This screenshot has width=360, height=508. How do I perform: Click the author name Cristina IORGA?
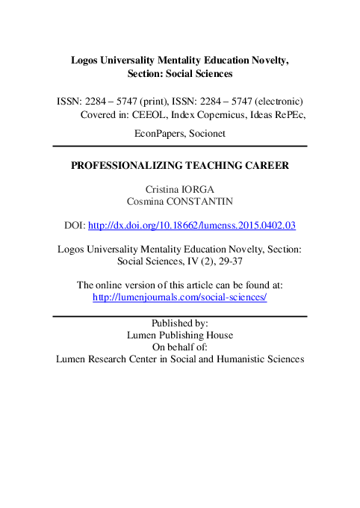pos(180,189)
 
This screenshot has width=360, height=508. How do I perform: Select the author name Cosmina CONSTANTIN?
pos(180,201)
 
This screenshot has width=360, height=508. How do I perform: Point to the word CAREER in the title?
pos(266,166)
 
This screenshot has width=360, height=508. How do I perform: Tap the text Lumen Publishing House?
pos(180,335)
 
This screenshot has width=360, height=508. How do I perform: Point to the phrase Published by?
pos(180,323)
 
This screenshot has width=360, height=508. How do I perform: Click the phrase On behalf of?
pos(180,347)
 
